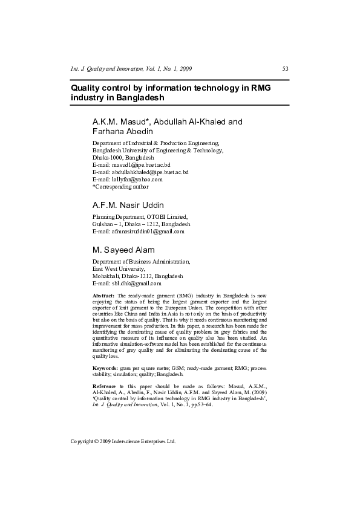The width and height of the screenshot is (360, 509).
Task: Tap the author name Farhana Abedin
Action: pyautogui.click(x=122, y=131)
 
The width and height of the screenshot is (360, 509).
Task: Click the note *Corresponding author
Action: pyautogui.click(x=120, y=187)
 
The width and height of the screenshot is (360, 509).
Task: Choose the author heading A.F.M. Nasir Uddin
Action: pyautogui.click(x=128, y=205)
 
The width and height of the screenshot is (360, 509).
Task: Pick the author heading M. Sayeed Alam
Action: pyautogui.click(x=123, y=250)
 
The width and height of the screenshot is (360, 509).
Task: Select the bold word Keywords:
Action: pyautogui.click(x=105, y=368)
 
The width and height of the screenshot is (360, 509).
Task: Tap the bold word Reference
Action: pyautogui.click(x=104, y=386)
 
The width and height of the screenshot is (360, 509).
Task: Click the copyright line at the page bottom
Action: pyautogui.click(x=123, y=441)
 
